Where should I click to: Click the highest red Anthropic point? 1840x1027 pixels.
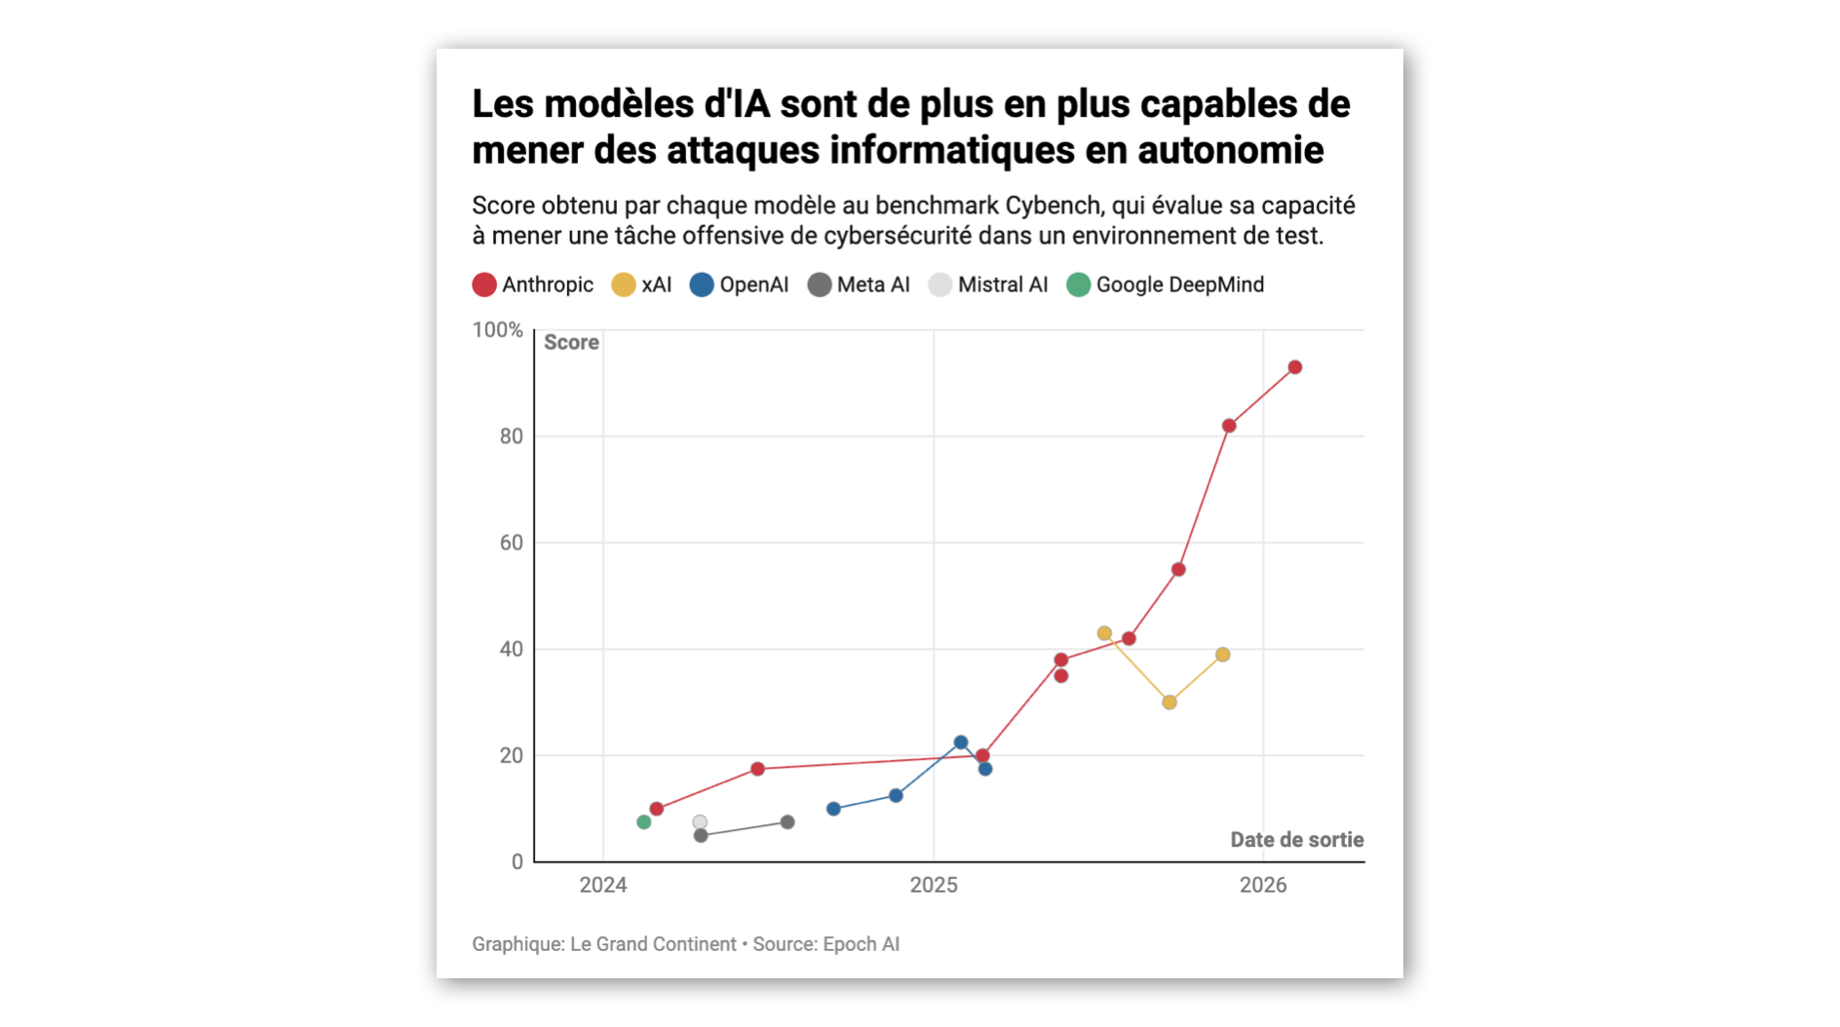(1295, 367)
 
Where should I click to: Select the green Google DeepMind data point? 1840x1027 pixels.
(643, 822)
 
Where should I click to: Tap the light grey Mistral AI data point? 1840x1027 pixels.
(700, 822)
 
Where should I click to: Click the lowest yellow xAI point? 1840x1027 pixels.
(1169, 702)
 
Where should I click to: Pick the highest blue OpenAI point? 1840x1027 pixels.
(961, 742)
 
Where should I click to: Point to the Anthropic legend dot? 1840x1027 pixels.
(484, 285)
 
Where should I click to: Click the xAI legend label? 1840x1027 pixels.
(657, 285)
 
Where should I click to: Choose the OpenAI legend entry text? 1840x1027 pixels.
(754, 285)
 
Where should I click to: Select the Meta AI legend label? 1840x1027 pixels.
(873, 285)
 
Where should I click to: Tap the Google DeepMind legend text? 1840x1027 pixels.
(1180, 285)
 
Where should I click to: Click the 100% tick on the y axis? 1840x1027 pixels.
(498, 330)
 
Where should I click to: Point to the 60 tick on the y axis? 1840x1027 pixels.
(512, 543)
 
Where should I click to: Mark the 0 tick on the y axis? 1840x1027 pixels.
(517, 861)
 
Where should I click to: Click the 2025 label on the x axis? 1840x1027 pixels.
(934, 885)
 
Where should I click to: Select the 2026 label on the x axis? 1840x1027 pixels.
(1263, 885)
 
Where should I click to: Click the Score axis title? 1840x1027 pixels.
(571, 342)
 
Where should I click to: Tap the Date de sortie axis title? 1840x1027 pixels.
(1297, 840)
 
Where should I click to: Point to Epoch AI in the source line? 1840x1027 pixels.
(862, 944)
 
